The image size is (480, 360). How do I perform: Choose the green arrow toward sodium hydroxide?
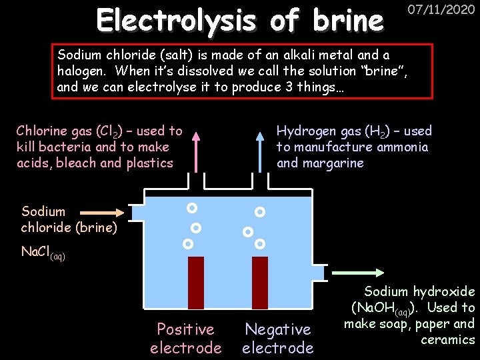[359, 272]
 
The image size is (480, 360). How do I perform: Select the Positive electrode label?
[185, 338]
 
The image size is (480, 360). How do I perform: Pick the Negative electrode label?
[277, 338]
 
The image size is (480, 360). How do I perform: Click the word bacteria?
[60, 147]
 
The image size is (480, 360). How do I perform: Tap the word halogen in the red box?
[80, 71]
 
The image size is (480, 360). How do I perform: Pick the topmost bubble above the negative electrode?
[260, 212]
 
